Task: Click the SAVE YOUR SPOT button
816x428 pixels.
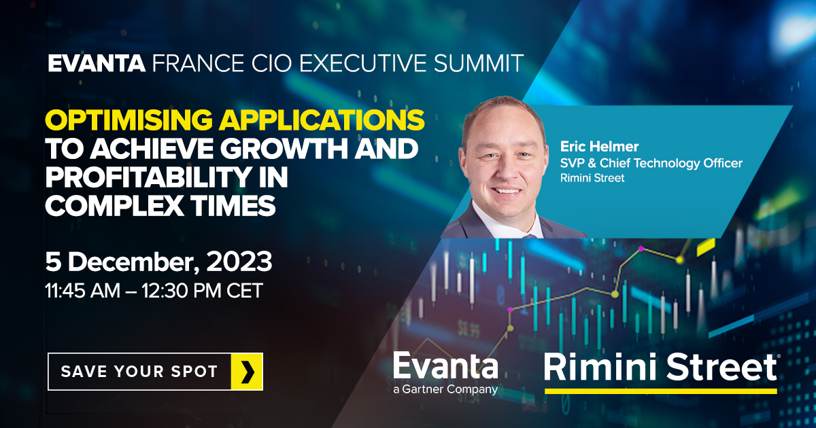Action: coord(155,372)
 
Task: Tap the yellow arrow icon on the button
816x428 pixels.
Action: coord(247,372)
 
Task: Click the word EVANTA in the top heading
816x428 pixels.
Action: coord(97,64)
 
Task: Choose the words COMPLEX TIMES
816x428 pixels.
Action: coord(160,204)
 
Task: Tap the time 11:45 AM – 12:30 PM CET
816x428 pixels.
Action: coord(154,290)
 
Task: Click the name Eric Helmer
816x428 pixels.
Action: coord(590,146)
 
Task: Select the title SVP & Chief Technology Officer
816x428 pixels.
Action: coord(651,163)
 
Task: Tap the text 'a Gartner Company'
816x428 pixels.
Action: coord(445,390)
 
